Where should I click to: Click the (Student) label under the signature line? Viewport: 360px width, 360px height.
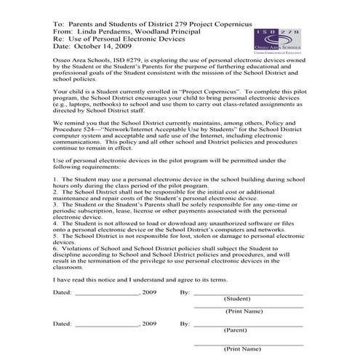(x=237, y=298)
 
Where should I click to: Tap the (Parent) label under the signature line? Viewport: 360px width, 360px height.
(x=236, y=329)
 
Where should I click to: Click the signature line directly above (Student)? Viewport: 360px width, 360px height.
(x=247, y=293)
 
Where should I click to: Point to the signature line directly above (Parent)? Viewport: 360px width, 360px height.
(x=247, y=324)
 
